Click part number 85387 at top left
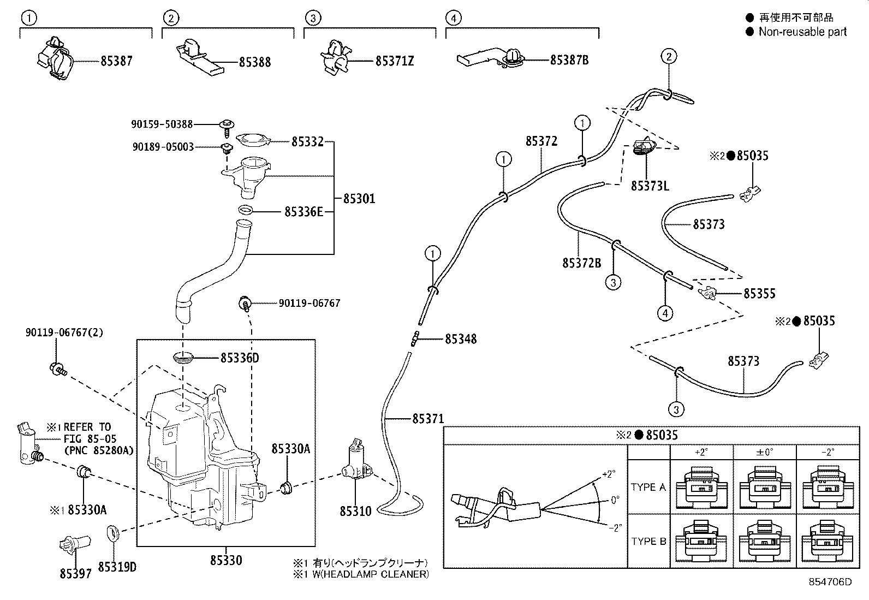116,61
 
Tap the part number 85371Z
394,61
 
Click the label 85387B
569,60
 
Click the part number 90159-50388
162,124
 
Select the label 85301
359,198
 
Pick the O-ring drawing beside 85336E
246,210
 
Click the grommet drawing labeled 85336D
183,358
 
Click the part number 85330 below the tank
225,560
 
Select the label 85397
75,574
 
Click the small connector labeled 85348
415,338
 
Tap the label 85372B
581,263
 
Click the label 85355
759,294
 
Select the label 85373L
650,186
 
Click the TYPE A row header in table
648,488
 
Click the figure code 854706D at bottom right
830,582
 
